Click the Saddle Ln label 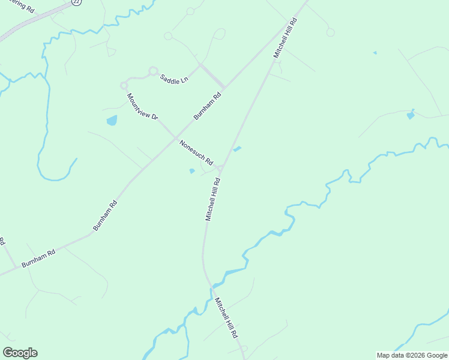[174, 79]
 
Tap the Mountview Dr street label [142, 107]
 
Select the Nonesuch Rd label [196, 152]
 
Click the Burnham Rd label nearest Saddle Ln [208, 105]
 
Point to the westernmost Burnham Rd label [38, 258]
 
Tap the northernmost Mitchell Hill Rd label [286, 38]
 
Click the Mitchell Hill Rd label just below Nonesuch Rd [213, 199]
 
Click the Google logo [20, 353]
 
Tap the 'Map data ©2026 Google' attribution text [412, 355]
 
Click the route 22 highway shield [76, 2]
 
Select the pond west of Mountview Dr [112, 121]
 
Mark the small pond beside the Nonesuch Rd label [192, 171]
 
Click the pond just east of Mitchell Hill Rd [237, 149]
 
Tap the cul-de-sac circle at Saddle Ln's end [153, 71]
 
